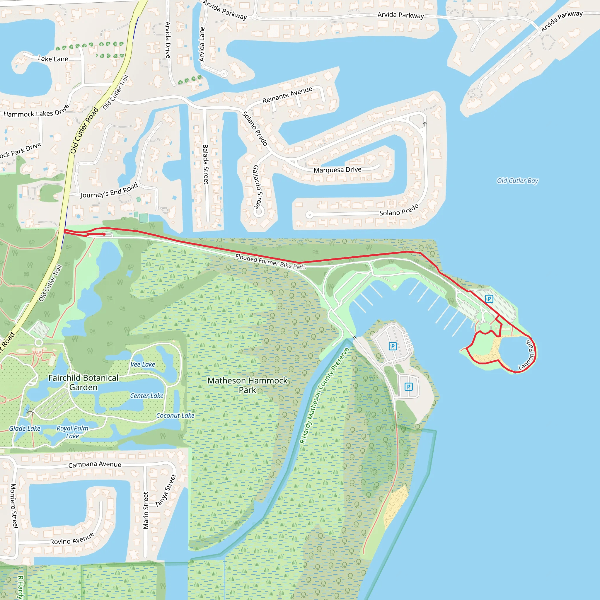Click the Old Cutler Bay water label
pyautogui.click(x=517, y=181)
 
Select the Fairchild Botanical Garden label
pyautogui.click(x=83, y=382)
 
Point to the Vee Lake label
pyautogui.click(x=143, y=364)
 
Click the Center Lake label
pyautogui.click(x=146, y=396)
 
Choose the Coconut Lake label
pyautogui.click(x=175, y=415)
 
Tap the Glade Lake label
pyautogui.click(x=25, y=429)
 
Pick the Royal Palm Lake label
pyautogui.click(x=72, y=432)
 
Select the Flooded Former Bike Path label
pyautogui.click(x=270, y=262)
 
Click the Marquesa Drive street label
pyautogui.click(x=337, y=170)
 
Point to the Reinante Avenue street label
pyautogui.click(x=287, y=95)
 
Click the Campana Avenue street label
pyautogui.click(x=95, y=464)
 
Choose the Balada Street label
pyautogui.click(x=206, y=164)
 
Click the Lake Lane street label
pyautogui.click(x=53, y=59)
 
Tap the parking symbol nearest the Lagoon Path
pyautogui.click(x=489, y=299)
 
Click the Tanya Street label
pyautogui.click(x=166, y=490)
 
